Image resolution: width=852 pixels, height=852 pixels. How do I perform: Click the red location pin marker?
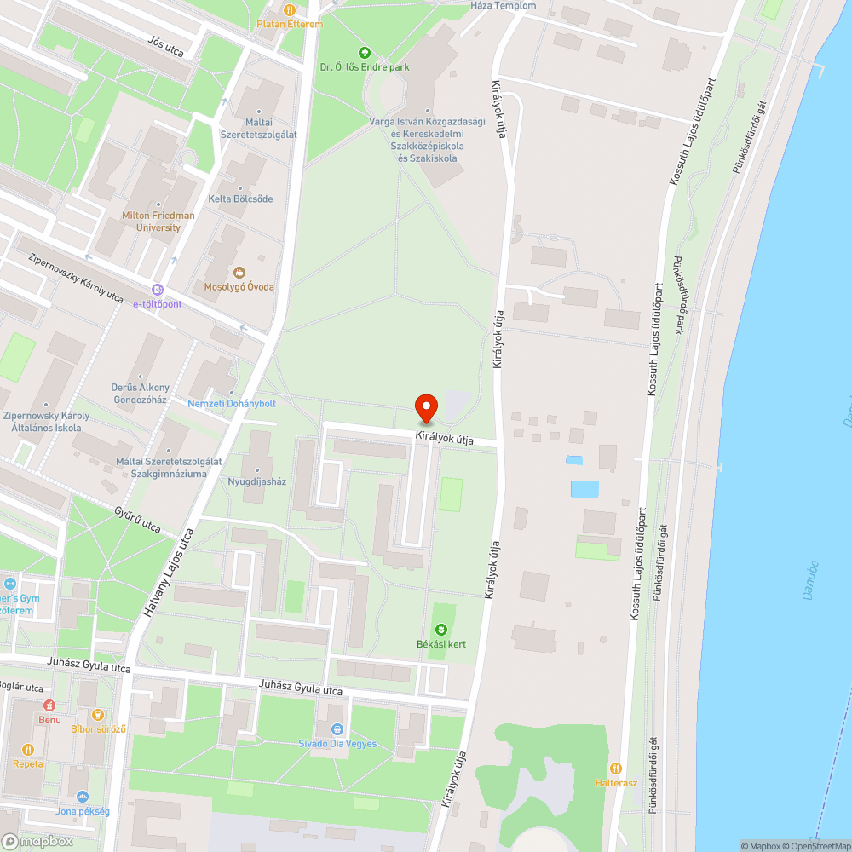(x=426, y=408)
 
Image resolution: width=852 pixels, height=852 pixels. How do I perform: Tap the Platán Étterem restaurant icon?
(x=290, y=10)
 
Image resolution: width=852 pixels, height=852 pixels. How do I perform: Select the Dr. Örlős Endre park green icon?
(x=366, y=53)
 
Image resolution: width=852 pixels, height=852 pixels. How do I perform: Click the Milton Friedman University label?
(x=158, y=222)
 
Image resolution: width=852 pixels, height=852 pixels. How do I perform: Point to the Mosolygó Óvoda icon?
(x=239, y=273)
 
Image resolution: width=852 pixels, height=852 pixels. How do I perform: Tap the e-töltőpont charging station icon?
(x=157, y=290)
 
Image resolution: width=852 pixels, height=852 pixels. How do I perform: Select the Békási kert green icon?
(x=440, y=630)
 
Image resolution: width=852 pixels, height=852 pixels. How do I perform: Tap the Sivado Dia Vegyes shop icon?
(x=337, y=729)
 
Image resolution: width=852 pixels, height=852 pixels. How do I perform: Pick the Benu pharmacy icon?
(x=49, y=705)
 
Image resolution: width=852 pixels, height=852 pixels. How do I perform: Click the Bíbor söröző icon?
(x=98, y=714)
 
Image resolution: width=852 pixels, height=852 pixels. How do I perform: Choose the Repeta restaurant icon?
(x=28, y=750)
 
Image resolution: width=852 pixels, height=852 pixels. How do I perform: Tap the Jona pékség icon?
(x=83, y=797)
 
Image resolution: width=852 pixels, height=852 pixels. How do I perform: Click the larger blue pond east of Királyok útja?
(x=584, y=489)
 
